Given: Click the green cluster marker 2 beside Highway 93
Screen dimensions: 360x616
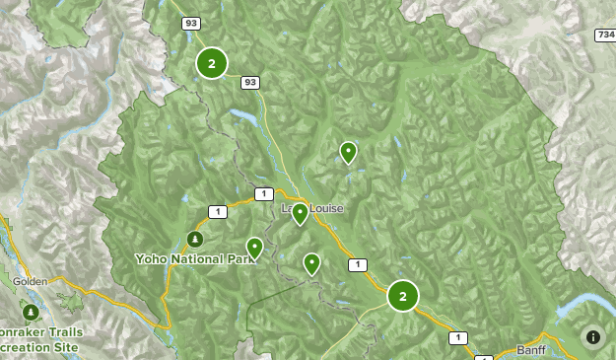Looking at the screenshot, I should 211,63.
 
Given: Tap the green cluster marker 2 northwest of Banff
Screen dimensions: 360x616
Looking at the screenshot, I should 402,295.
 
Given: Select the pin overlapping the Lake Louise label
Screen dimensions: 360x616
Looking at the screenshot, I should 300,213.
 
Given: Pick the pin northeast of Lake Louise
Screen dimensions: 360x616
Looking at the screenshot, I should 348,151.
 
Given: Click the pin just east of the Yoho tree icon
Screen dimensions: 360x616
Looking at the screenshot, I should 254,248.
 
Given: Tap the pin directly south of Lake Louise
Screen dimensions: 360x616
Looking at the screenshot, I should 311,263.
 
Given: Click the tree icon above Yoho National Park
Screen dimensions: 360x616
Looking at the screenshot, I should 195,239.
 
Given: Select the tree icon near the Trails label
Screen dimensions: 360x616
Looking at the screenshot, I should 31,313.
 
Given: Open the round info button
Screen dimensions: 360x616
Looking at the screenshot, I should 592,336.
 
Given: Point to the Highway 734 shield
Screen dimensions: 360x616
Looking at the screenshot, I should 605,35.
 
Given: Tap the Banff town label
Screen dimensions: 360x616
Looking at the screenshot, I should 531,350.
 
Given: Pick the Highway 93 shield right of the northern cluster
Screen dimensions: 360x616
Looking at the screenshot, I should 249,82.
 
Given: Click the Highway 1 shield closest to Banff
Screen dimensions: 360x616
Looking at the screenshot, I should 456,337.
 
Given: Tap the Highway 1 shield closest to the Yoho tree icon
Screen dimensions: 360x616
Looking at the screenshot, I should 217,211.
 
